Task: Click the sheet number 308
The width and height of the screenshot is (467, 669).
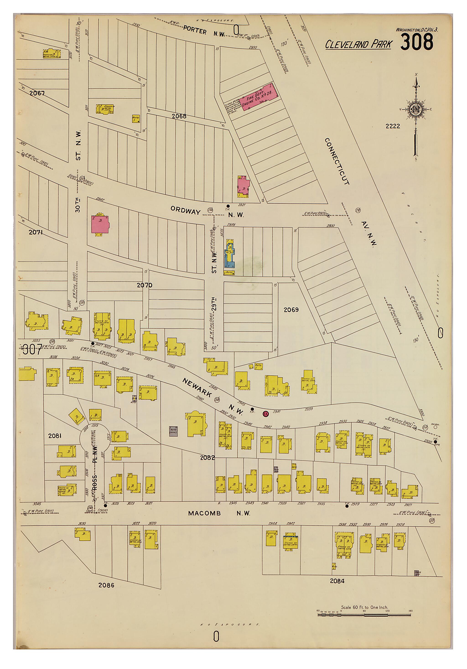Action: coord(417,42)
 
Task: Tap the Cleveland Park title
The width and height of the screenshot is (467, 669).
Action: coord(358,44)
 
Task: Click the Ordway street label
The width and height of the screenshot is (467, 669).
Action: coord(185,210)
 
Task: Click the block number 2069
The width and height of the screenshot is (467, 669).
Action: coord(291,310)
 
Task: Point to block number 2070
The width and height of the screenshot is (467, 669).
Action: coord(145,285)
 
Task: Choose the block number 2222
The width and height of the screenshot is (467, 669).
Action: coord(393,126)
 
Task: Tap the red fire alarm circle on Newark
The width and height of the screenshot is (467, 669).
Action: coord(265,414)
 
